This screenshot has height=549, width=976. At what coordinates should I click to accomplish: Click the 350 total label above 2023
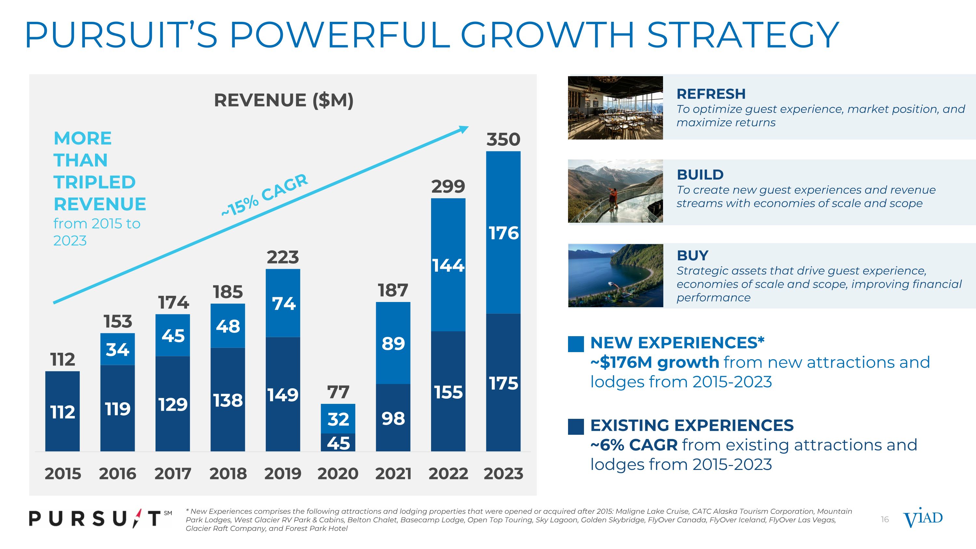coord(503,139)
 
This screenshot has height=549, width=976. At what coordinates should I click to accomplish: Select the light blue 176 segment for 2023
coord(503,233)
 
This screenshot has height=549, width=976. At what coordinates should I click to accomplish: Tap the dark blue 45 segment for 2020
coord(338,443)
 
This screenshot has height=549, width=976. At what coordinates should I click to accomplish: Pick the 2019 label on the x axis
coord(283,474)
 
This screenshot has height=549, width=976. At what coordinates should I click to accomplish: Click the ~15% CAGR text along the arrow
coord(264,195)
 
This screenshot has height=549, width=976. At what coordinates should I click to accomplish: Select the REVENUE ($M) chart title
coord(283,101)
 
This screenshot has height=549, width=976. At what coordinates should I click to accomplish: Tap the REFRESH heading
coord(711,94)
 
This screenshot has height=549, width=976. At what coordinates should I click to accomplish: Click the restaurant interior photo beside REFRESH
coord(615,108)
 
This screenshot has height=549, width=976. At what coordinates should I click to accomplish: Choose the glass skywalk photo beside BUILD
coord(615,191)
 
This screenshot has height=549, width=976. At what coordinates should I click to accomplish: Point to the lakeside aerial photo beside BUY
coord(615,275)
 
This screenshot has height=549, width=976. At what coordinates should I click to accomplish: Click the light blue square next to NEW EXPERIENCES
coord(576,344)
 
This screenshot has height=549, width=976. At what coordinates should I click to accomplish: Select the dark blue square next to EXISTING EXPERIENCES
coord(576,427)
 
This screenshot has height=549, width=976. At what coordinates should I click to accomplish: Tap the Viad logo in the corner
coord(923,518)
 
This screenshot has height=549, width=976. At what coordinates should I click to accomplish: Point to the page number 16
coord(885,519)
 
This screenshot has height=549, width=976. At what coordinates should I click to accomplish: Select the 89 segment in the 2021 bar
coord(393,343)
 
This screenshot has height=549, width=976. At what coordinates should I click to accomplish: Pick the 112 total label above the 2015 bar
coord(62,359)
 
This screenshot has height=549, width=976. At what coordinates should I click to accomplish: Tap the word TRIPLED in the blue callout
coord(94,182)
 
